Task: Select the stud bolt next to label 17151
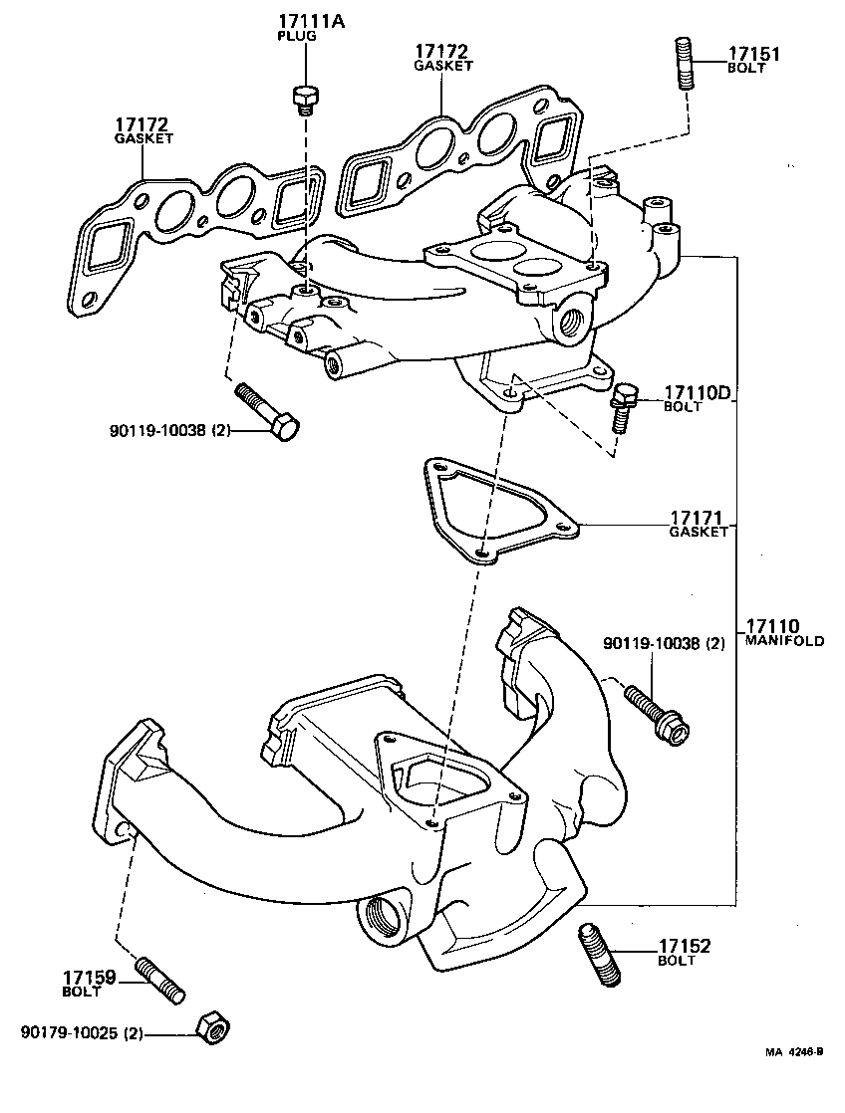686,63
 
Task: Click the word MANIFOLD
785,642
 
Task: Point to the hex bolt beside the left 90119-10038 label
268,412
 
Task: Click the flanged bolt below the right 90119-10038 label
657,715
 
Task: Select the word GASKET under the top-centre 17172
442,65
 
